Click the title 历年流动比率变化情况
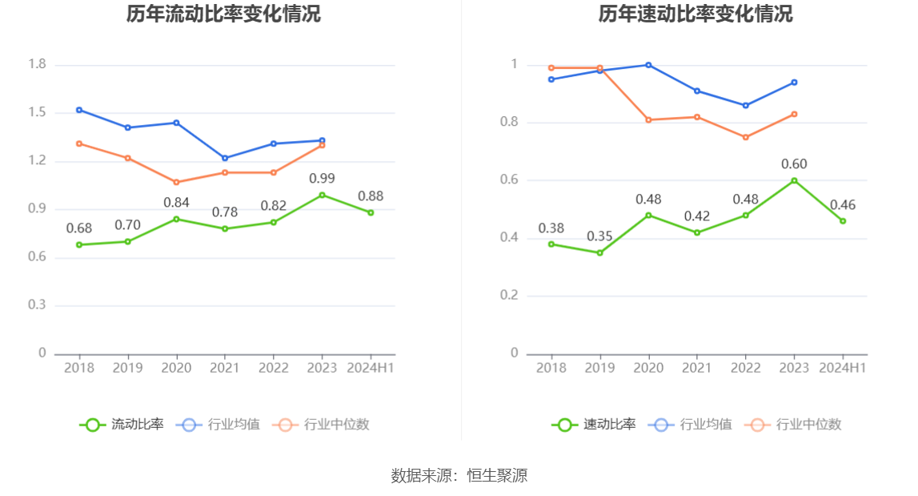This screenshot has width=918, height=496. [x=223, y=14]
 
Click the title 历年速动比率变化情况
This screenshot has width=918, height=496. [x=696, y=14]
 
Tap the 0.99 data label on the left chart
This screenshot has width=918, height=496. [x=322, y=178]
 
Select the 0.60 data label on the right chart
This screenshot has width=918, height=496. [x=794, y=164]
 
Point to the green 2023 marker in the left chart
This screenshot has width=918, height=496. [x=323, y=195]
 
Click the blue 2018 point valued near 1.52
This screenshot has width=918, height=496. [x=79, y=110]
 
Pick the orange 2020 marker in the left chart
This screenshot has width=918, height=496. [x=177, y=182]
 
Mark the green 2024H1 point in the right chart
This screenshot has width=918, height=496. [x=843, y=221]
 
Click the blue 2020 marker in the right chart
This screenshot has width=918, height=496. [x=648, y=65]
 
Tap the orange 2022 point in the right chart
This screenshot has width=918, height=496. [x=746, y=137]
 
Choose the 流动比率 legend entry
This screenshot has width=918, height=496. [x=122, y=425]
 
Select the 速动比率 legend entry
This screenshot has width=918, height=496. [x=594, y=425]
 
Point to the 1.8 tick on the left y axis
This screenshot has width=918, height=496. [x=37, y=64]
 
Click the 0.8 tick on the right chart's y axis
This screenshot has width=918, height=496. [x=509, y=123]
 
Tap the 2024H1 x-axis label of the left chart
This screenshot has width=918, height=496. [x=370, y=368]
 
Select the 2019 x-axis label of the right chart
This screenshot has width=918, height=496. [x=599, y=368]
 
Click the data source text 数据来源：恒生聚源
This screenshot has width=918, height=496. [x=459, y=475]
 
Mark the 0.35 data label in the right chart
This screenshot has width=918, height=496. [x=599, y=236]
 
